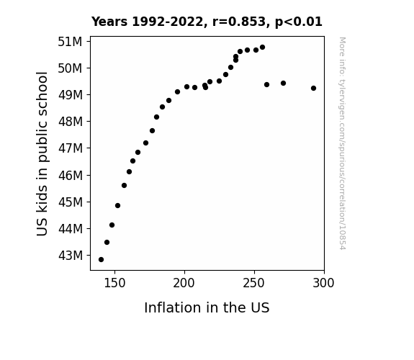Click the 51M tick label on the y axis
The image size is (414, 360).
70,42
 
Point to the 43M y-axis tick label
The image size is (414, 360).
71,256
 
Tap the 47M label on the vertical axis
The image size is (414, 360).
71,148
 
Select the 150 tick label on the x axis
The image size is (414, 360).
114,283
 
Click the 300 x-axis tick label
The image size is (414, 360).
323,283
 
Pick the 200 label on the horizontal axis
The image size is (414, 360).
184,283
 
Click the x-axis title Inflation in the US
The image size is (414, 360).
207,307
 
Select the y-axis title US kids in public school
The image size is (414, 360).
42,153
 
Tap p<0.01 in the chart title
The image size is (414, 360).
299,22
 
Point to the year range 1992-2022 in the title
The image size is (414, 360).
167,22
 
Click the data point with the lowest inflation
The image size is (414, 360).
101,260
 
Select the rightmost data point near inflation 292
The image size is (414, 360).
313,89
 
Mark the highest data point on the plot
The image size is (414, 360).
263,48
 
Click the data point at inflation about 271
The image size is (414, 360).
283,84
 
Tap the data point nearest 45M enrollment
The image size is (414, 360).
118,205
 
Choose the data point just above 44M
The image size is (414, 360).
112,225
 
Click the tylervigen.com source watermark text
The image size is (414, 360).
342,143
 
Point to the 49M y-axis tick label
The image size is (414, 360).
71,95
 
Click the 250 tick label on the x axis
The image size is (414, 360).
253,283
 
